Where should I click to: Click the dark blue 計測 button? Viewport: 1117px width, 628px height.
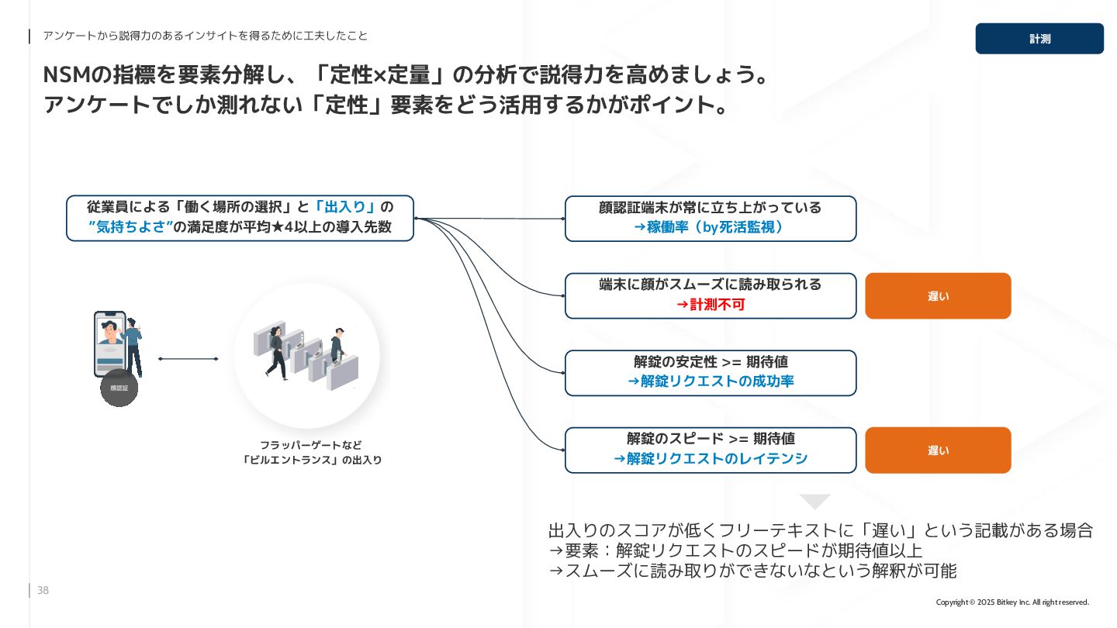pos(1039,39)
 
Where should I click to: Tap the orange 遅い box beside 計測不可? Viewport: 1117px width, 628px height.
pos(938,295)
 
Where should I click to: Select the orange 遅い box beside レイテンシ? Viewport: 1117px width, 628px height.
pos(938,450)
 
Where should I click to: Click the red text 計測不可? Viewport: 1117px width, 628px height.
pos(711,305)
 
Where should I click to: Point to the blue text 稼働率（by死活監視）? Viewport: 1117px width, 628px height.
pos(711,227)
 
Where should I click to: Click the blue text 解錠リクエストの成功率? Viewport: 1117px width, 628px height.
pos(711,381)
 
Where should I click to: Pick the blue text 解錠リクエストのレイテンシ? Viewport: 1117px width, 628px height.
pos(711,459)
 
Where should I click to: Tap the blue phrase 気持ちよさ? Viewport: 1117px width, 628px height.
pos(130,227)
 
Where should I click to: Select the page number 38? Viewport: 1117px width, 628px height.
pos(43,591)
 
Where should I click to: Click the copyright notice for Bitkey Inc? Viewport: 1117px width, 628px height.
pos(1012,602)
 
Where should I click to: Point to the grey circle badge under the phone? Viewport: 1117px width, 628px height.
pos(119,388)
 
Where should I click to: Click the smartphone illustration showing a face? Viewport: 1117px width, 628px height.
pos(110,343)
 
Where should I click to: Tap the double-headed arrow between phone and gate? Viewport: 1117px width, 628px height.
pos(188,359)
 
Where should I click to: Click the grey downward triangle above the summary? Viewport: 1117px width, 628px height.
pos(814,501)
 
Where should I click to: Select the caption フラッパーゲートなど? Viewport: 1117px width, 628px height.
pos(310,445)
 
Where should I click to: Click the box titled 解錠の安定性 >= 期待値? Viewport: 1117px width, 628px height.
pos(711,362)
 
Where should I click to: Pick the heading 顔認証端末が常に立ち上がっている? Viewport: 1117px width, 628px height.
pos(711,208)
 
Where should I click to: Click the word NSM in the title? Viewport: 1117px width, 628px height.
pos(67,75)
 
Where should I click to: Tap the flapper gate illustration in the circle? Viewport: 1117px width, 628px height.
pos(307,355)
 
